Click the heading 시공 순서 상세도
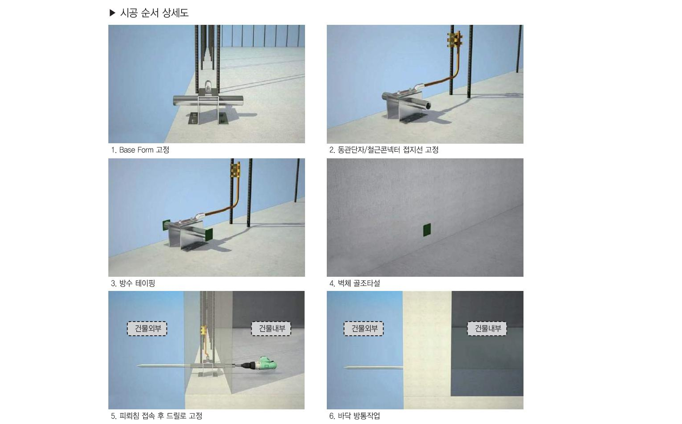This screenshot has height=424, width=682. (155, 13)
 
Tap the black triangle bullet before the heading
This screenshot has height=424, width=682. (112, 13)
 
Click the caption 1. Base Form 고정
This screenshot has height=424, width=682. (140, 149)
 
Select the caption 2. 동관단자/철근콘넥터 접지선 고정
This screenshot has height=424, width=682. (384, 149)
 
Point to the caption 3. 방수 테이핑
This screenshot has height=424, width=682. (133, 283)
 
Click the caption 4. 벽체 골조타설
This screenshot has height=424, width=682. (354, 283)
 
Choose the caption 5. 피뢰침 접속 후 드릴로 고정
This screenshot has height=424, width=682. (156, 416)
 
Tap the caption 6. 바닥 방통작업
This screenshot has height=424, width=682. (354, 416)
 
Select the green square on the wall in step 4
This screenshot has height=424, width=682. (427, 230)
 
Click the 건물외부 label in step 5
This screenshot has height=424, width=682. (147, 329)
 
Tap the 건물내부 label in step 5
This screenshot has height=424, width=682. (271, 329)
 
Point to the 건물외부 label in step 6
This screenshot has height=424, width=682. (364, 329)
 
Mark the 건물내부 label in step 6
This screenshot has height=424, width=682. (487, 329)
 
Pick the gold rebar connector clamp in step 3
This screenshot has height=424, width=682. (235, 170)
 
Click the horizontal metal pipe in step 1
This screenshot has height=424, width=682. (208, 100)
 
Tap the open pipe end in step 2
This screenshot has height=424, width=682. (428, 105)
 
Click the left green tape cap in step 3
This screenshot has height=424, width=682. (166, 225)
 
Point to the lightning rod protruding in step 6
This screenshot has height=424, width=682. (373, 368)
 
